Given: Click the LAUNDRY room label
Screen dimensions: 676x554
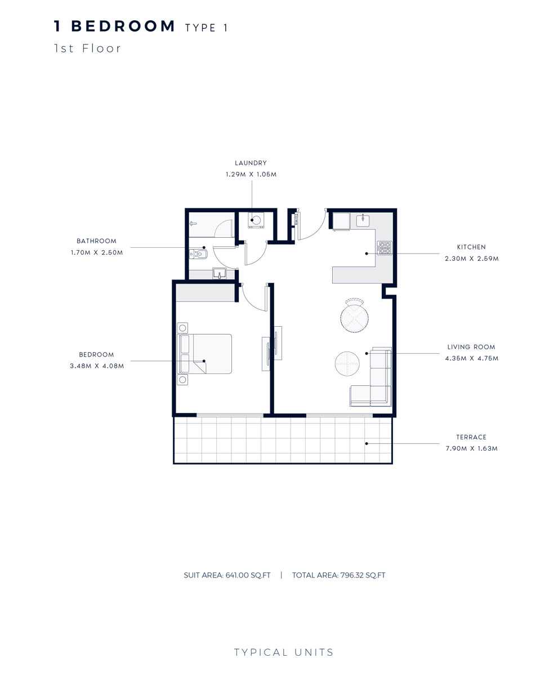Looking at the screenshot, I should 251,163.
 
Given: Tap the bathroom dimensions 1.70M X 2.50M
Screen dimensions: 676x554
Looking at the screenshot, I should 97,253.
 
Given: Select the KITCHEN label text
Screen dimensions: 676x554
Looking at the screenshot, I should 471,247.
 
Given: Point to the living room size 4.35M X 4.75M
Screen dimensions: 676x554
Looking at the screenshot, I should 472,359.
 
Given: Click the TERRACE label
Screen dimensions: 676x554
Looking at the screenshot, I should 471,437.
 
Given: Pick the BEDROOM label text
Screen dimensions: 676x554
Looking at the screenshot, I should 96,355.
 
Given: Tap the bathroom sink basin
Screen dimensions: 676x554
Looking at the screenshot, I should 219,274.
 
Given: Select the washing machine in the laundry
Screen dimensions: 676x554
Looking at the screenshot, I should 256,220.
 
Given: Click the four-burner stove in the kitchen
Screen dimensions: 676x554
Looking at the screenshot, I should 384,248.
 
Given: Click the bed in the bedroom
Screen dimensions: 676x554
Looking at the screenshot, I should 205,354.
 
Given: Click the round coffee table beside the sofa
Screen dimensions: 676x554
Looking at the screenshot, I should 346,363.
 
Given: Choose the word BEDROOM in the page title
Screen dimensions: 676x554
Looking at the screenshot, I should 123,26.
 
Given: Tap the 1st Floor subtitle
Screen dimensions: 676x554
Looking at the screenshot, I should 87,48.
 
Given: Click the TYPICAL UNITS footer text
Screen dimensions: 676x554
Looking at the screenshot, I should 284,653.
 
